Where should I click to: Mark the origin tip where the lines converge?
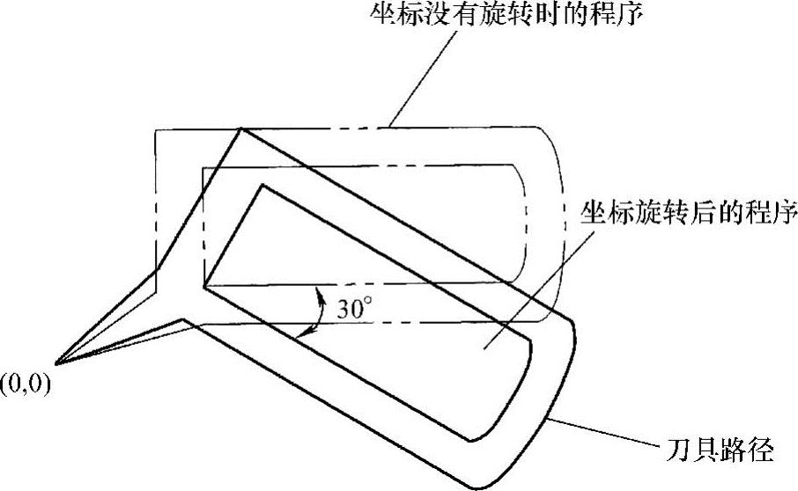(56, 363)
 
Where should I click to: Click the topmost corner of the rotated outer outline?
(240, 130)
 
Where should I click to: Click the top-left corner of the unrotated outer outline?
(157, 132)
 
